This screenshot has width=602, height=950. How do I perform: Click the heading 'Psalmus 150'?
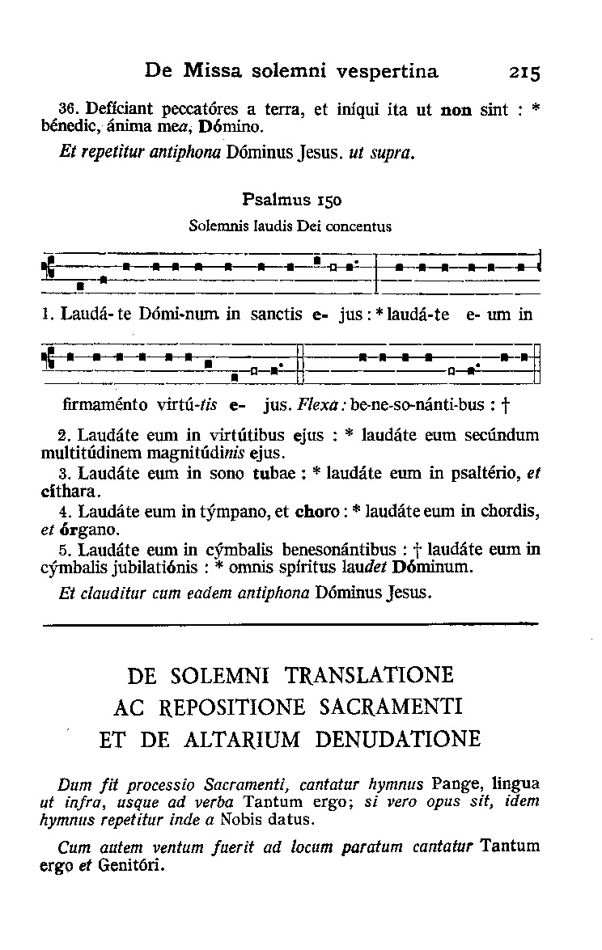[x=290, y=199]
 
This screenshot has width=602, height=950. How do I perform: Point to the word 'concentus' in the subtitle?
[x=360, y=226]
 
